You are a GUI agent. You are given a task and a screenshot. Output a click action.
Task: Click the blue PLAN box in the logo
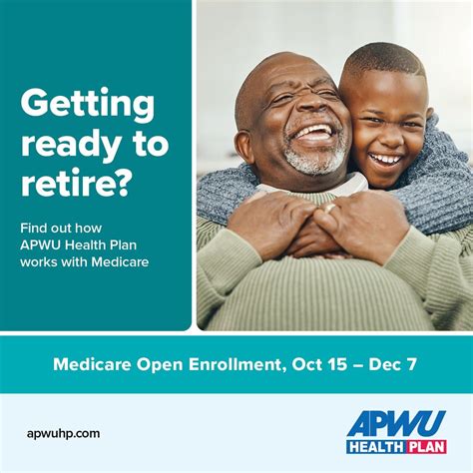(424, 446)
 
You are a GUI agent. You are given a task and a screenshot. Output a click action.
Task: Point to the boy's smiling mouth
(384, 159)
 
